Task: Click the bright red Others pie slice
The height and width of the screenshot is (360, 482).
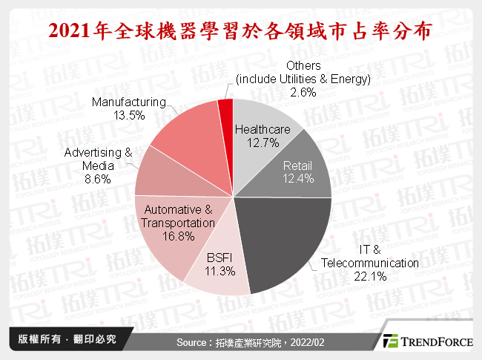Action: [225, 111]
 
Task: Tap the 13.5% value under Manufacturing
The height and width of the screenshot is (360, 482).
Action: [127, 116]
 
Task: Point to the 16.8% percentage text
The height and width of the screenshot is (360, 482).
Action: [179, 236]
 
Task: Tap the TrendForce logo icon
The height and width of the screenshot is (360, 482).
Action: [391, 341]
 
